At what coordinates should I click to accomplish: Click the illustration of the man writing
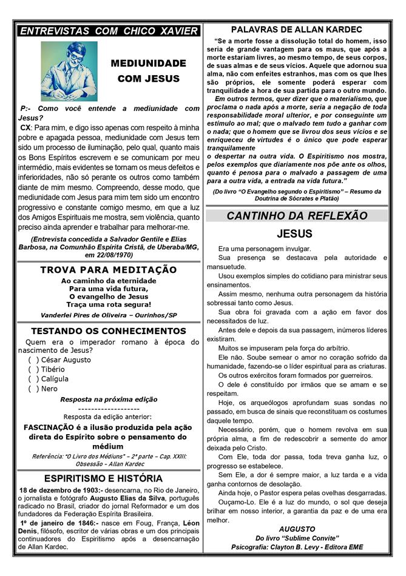point(69,72)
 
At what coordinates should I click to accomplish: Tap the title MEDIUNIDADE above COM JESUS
point(149,63)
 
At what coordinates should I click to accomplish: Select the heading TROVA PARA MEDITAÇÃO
point(109,270)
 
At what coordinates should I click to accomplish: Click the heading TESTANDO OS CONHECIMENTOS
point(109,331)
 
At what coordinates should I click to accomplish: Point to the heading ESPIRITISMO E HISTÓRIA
point(108,479)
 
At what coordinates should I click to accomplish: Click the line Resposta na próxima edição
point(109,400)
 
